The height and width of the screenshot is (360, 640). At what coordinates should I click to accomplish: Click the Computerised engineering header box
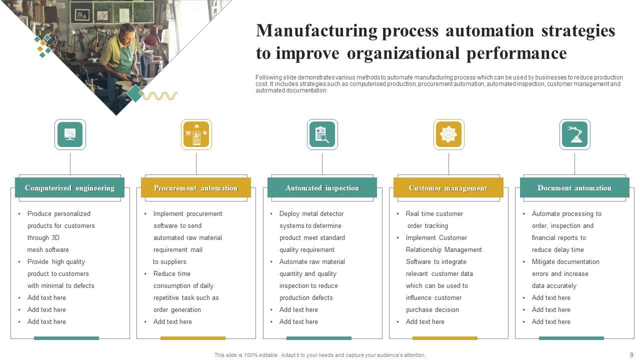click(x=69, y=188)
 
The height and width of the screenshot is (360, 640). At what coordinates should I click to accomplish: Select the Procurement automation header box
click(x=195, y=188)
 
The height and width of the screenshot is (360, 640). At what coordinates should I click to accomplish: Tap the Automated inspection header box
click(x=322, y=188)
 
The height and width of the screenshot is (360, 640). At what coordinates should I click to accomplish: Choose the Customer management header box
click(x=448, y=188)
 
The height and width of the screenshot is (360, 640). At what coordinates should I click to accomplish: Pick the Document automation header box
click(x=574, y=188)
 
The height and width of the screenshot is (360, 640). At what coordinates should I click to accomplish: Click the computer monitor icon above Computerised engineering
click(x=70, y=134)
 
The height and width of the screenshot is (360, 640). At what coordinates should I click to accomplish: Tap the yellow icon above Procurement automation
click(x=196, y=134)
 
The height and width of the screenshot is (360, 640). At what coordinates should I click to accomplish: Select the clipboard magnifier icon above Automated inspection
click(x=322, y=134)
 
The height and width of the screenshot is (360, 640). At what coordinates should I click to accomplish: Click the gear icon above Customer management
click(x=448, y=134)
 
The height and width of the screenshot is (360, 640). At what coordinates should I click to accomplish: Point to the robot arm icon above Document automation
click(x=574, y=134)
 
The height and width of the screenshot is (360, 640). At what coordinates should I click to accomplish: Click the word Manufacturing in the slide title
click(x=316, y=31)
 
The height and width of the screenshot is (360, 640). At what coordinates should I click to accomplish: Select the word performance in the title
click(x=516, y=53)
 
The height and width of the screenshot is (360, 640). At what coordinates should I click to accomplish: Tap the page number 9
click(x=631, y=354)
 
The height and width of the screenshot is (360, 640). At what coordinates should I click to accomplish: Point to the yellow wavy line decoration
click(x=160, y=96)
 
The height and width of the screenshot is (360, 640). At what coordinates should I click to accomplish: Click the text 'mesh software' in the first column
click(x=48, y=250)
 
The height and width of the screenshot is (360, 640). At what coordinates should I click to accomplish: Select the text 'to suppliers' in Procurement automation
click(x=169, y=262)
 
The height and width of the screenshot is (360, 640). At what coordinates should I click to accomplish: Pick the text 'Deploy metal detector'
click(x=311, y=214)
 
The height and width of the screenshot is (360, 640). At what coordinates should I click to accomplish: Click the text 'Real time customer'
click(x=434, y=214)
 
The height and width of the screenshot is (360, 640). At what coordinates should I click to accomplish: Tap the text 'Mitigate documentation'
click(x=565, y=262)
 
